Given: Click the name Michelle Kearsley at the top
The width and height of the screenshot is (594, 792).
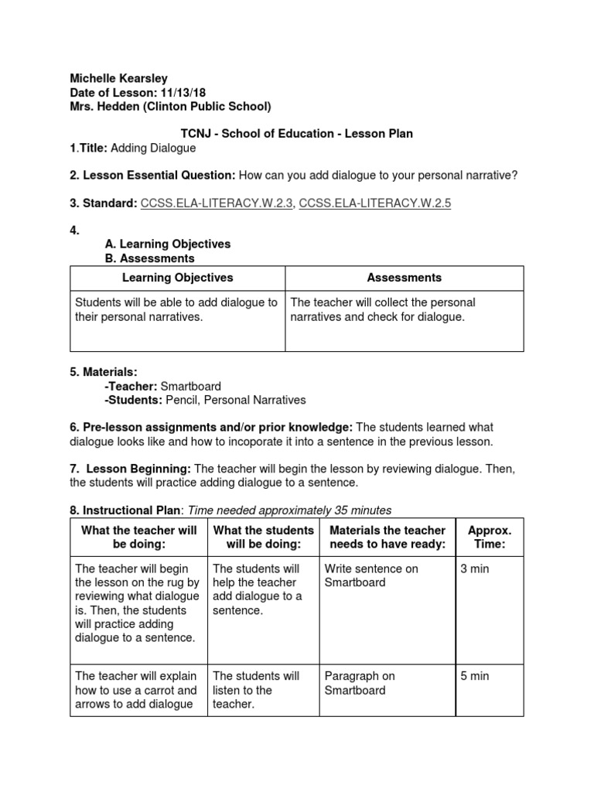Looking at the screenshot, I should [x=118, y=78].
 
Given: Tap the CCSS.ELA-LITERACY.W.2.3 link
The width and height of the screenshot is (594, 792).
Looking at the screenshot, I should [x=216, y=203].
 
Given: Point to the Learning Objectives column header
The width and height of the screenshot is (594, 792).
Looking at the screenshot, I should [x=177, y=278].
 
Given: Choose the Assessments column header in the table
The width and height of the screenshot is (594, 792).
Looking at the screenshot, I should [x=404, y=278].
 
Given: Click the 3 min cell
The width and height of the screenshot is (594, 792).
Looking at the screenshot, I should [x=474, y=568].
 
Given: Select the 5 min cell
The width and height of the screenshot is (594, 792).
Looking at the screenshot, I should [x=474, y=676].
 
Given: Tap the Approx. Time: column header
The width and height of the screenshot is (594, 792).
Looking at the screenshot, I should [x=489, y=537].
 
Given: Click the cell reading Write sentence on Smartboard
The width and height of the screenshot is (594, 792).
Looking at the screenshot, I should [x=370, y=575].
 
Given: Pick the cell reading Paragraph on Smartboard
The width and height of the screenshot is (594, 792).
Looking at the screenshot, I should [x=359, y=683].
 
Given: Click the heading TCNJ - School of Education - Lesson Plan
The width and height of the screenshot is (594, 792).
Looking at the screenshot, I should [x=296, y=134].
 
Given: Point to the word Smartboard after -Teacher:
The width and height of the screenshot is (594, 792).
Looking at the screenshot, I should [x=191, y=386].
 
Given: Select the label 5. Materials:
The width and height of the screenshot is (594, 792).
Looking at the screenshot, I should [x=104, y=372].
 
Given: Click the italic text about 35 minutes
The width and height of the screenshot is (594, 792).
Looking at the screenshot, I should [x=290, y=510].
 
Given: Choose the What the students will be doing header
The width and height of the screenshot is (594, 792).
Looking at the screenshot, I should [x=263, y=537].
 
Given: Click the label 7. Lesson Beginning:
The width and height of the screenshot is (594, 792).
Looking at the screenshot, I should [x=131, y=469].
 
